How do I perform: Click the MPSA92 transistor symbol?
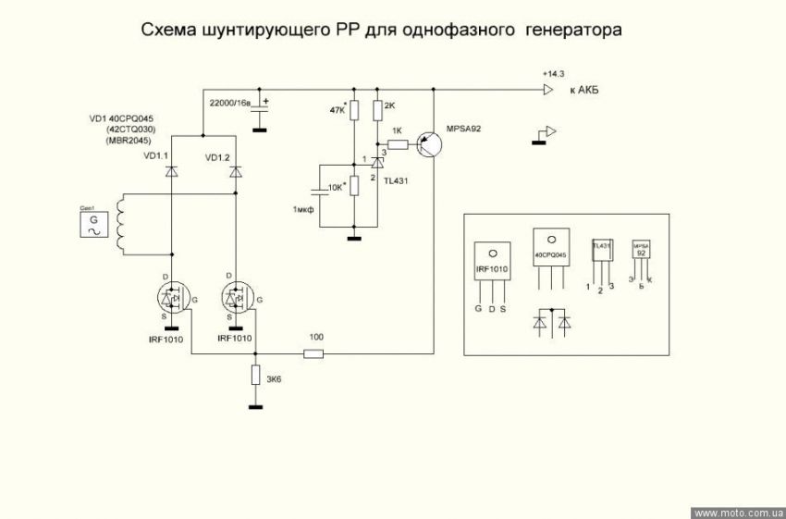[427, 143]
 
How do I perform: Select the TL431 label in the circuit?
[396, 180]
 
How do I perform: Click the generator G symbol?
[92, 224]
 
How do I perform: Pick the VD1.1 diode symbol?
[171, 172]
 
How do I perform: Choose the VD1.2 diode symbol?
[236, 172]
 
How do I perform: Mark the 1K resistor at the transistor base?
[397, 143]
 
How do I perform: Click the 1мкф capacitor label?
[303, 211]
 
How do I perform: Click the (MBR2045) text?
[125, 140]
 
